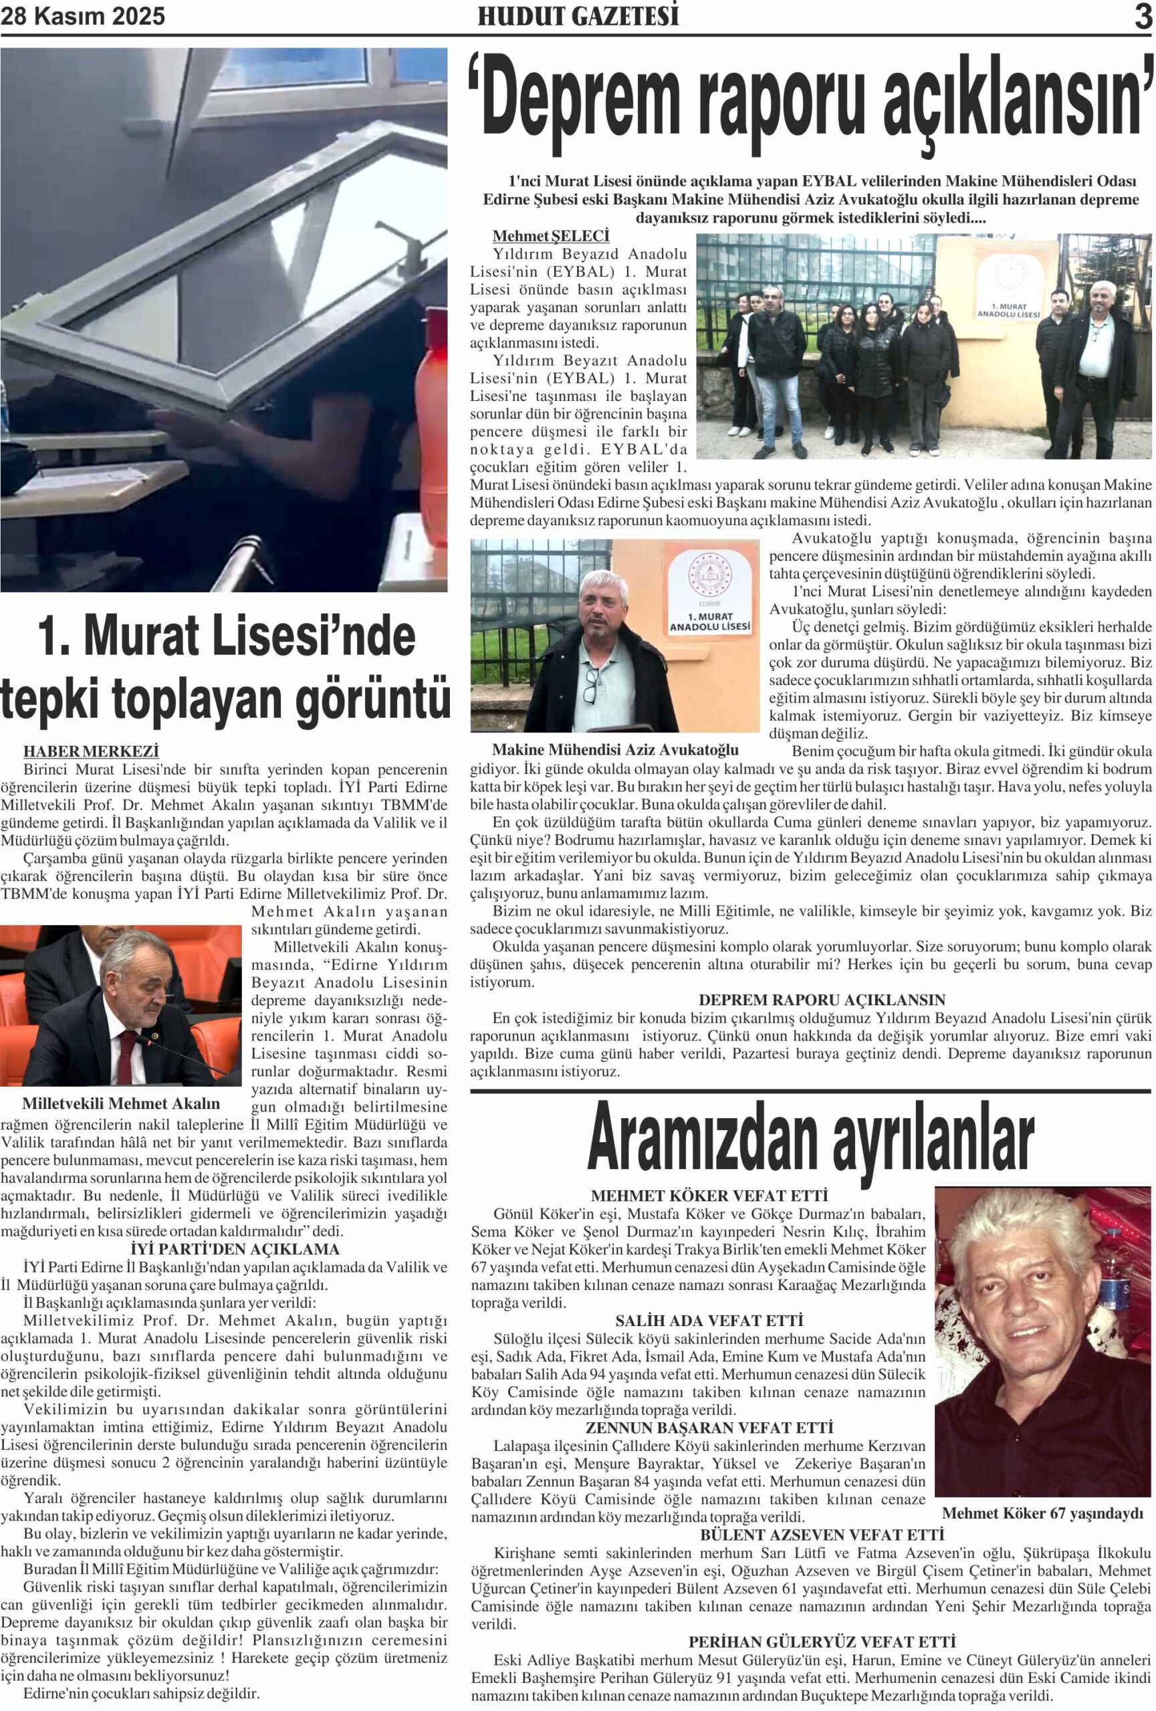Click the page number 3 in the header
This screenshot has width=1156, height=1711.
[x=1142, y=16]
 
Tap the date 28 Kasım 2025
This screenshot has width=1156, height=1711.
[x=82, y=16]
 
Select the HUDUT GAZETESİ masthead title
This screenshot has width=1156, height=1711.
[x=578, y=16]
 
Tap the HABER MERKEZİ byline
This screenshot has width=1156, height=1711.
[x=92, y=751]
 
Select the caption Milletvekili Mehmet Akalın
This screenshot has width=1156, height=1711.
[x=122, y=1103]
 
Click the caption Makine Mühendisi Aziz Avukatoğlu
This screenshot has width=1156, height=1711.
[x=615, y=749]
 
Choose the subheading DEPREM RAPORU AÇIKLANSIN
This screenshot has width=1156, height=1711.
[x=822, y=1000]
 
